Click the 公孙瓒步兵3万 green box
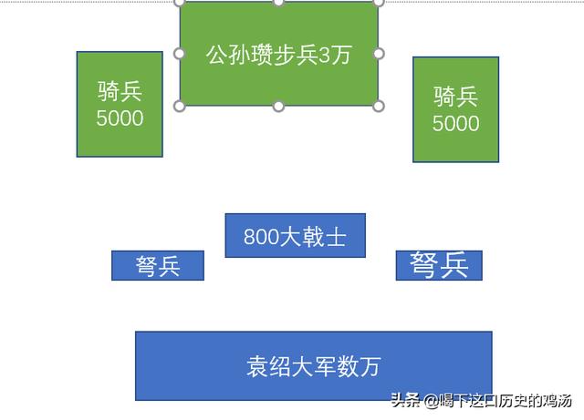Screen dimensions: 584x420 pos(279,55)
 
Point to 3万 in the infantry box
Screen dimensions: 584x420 pos(335,55)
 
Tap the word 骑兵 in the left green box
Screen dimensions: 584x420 pos(120,91)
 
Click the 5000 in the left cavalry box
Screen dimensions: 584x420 pos(120,118)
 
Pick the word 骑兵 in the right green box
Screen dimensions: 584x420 pos(455,97)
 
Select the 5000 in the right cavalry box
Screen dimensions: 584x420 pos(455,124)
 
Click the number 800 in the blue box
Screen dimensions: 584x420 pos(261,237)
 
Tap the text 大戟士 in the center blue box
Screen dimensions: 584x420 pos(313,237)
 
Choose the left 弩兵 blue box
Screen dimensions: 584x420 pos(158,266)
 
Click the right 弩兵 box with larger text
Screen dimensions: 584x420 pos(439,265)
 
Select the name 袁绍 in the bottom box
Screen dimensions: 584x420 pos(269,366)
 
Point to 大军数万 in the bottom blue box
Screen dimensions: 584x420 pos(337,366)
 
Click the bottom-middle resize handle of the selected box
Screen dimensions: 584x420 pos(278,107)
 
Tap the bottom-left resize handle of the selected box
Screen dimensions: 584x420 pos(180,107)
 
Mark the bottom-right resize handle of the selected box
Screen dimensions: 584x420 pos(379,107)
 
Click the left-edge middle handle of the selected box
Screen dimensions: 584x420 pos(180,54)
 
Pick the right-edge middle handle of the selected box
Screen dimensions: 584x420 pos(379,54)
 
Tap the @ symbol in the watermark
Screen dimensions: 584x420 pos(432,401)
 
